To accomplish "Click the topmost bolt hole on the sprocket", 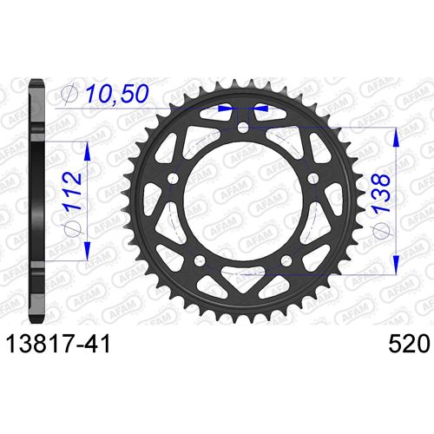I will [x=243, y=128].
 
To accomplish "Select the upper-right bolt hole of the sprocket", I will [x=312, y=179].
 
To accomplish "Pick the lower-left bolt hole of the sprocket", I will [x=201, y=260].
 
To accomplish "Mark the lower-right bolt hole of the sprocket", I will [x=286, y=260].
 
